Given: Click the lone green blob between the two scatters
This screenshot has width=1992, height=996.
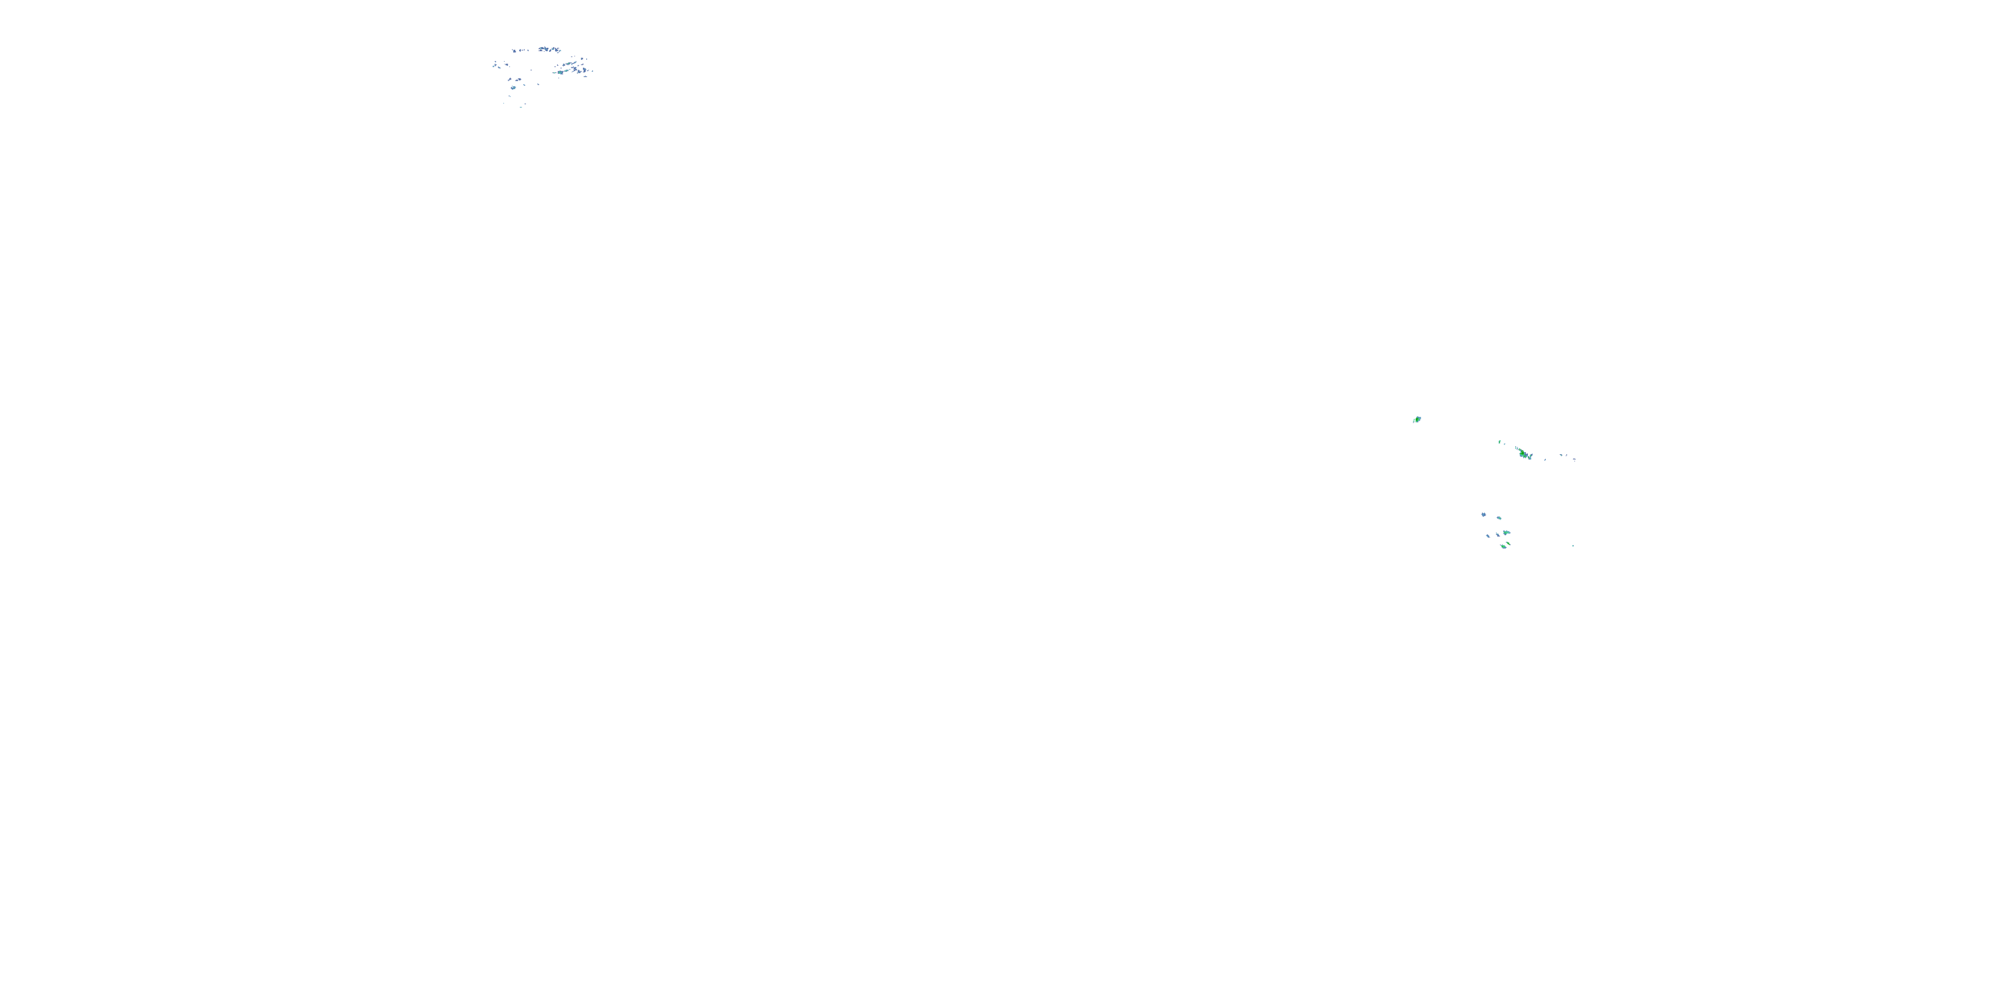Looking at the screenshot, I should click(1417, 419).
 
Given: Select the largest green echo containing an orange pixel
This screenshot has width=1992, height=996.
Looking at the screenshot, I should click(1523, 453).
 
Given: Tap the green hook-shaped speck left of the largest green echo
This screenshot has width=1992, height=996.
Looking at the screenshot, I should click(1499, 442).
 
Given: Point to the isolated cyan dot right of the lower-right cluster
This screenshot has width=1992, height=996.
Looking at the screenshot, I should click(1573, 546).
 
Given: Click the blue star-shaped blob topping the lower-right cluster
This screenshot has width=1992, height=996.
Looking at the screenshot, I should click(1484, 515).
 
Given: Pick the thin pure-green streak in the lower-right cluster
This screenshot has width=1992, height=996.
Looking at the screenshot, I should click(1509, 544).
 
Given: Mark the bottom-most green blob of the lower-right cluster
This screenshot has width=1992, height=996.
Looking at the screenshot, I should click(1503, 546).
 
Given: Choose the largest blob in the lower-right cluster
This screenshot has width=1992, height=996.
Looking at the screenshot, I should click(1507, 533).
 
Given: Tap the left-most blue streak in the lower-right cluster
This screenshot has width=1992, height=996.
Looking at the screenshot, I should click(1489, 537).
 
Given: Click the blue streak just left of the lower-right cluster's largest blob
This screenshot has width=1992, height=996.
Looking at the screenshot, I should click(1498, 535).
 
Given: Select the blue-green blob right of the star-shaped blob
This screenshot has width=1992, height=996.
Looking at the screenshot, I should click(1499, 518).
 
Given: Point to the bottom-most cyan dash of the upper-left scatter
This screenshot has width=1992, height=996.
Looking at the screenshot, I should click(521, 108).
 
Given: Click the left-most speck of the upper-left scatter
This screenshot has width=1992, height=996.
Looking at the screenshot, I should click(493, 66).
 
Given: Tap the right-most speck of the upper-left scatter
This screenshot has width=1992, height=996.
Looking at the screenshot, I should click(592, 71).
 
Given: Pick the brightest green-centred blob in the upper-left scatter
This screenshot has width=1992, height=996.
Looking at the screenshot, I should click(560, 72).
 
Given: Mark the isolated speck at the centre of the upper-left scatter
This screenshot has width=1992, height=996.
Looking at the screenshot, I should click(531, 70).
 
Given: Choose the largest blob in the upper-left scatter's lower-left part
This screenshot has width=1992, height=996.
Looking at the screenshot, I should click(513, 88).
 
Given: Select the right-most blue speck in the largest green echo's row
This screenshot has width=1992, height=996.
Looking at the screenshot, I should click(1574, 459).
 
